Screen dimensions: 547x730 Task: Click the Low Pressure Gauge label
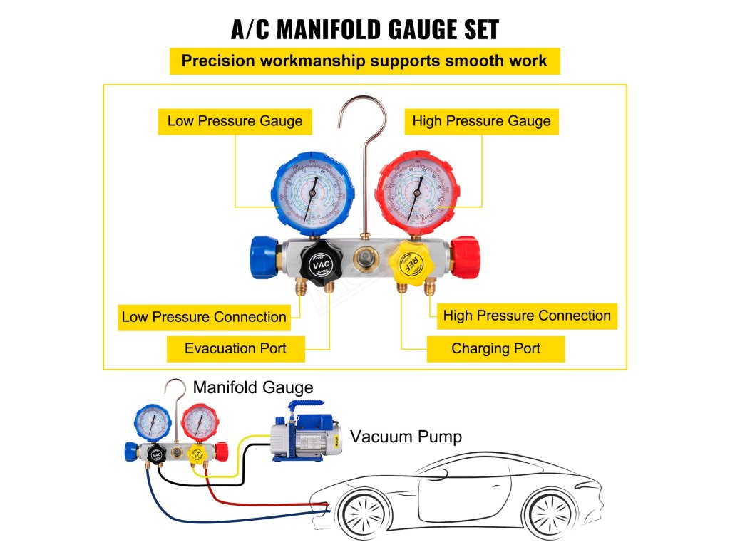pyautogui.click(x=235, y=121)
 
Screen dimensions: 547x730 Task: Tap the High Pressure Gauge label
pyautogui.click(x=481, y=121)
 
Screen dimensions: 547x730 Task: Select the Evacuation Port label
pyautogui.click(x=235, y=348)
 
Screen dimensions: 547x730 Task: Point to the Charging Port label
pyautogui.click(x=495, y=349)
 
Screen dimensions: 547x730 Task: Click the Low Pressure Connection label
pyautogui.click(x=204, y=317)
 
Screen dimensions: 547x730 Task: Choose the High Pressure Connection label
pyautogui.click(x=527, y=316)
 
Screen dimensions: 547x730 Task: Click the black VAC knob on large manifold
pyautogui.click(x=319, y=262)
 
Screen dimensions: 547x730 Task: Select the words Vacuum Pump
pyautogui.click(x=406, y=437)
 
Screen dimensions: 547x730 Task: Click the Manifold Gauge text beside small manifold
pyautogui.click(x=253, y=388)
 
